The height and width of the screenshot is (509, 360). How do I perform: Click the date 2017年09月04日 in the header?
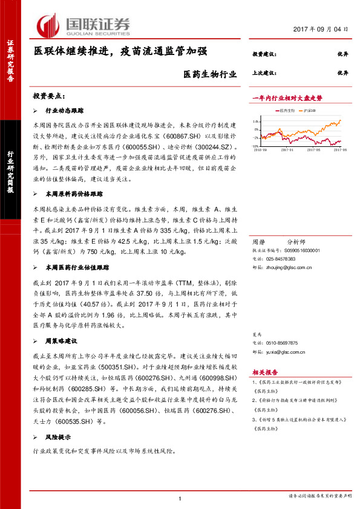321,29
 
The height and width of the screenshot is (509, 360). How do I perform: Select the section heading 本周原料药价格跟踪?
74,194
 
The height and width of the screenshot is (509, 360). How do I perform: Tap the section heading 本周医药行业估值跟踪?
79,266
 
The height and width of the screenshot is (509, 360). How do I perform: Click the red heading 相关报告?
265,373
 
